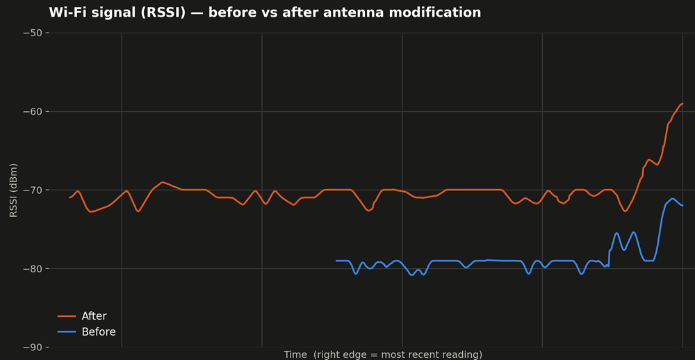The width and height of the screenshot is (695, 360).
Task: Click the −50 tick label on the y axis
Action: click(32, 33)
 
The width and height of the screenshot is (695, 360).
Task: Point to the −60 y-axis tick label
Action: click(32, 112)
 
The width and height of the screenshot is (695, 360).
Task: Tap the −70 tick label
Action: click(32, 190)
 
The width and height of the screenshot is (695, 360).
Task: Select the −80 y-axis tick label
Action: click(32, 269)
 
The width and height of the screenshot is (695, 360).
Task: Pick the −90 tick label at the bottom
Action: click(32, 347)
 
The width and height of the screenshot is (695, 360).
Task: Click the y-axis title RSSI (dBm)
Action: click(14, 190)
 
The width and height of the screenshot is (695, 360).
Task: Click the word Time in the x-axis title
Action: click(295, 354)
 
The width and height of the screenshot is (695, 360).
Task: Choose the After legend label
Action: click(94, 316)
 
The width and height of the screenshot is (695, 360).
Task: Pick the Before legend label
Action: click(99, 332)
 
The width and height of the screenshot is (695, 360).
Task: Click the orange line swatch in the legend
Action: click(67, 316)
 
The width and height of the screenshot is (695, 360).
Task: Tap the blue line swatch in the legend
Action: click(67, 332)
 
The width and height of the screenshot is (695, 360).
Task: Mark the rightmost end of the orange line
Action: click(682, 104)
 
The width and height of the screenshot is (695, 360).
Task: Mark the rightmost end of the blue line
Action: click(682, 206)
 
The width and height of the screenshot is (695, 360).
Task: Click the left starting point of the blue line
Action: click(336, 261)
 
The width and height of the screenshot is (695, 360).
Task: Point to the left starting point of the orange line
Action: click(69, 197)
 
